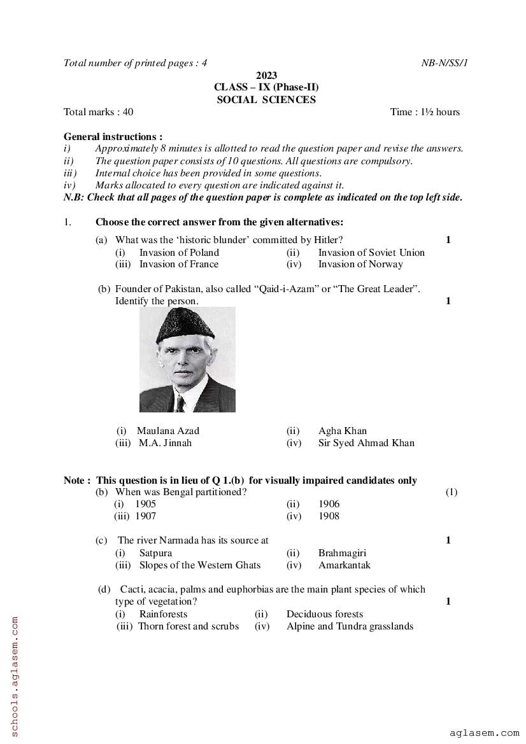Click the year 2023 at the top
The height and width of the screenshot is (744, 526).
(x=266, y=75)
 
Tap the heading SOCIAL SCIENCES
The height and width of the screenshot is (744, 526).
(x=266, y=99)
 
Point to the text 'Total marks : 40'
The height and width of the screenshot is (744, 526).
(x=99, y=112)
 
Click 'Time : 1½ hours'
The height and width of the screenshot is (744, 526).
(x=425, y=112)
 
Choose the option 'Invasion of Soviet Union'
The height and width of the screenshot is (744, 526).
(x=371, y=252)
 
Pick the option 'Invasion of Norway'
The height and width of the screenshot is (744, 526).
(x=360, y=264)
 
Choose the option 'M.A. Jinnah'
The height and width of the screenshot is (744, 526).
(x=165, y=443)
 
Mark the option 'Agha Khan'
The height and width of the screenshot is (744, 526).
(x=343, y=431)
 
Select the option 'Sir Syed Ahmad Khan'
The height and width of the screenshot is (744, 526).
(x=366, y=443)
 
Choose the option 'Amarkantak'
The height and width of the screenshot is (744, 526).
(x=345, y=565)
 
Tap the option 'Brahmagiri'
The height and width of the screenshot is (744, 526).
(x=343, y=552)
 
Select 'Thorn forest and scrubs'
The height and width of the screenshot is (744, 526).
(x=188, y=626)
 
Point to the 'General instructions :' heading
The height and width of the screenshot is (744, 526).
(x=113, y=136)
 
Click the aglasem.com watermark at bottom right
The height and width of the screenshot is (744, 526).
(x=484, y=733)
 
